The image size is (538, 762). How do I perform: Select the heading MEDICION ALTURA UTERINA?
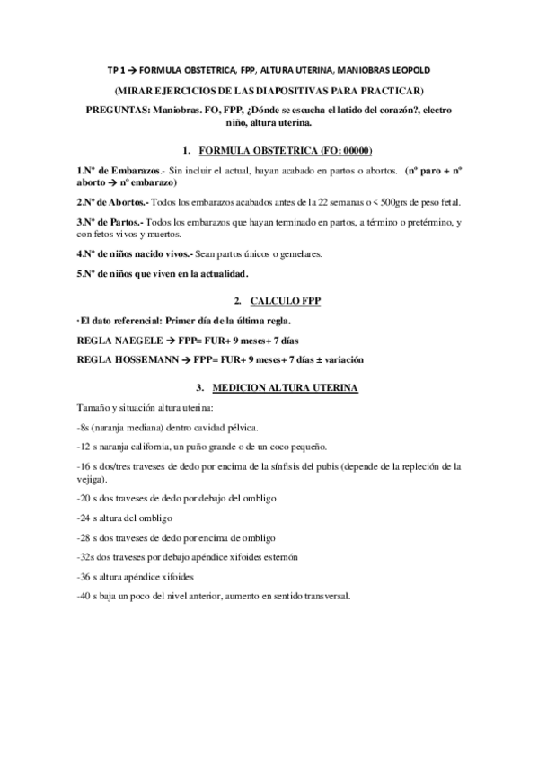(285, 388)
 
